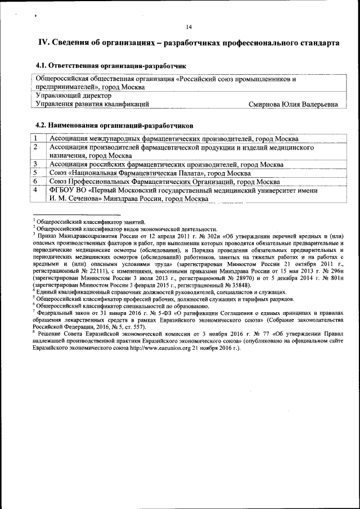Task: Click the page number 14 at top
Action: (188, 27)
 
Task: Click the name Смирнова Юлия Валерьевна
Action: (293, 104)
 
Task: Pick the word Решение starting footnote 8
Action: (51, 333)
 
